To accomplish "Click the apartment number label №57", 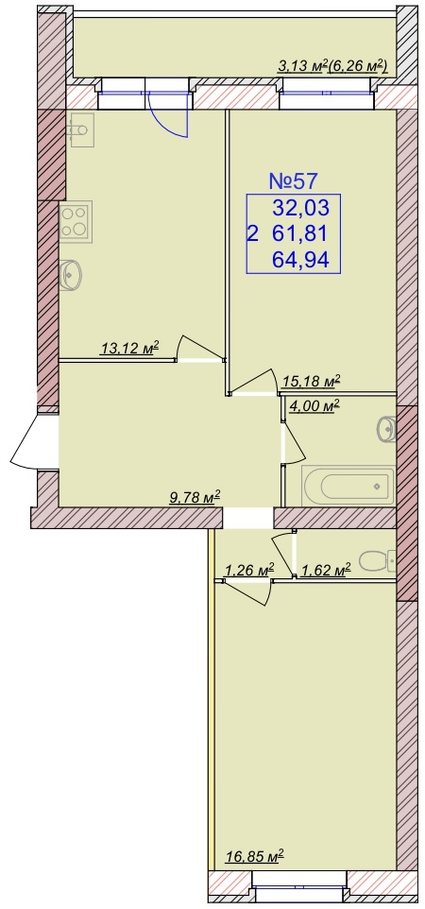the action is (294, 181).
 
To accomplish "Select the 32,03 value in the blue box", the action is (300, 206).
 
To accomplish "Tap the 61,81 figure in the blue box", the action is (300, 233).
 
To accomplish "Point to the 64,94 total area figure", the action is (300, 260).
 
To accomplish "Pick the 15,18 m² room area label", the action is (310, 381).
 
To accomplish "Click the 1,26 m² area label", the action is (248, 571).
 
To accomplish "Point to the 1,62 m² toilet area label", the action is (326, 571).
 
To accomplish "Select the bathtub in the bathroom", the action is (348, 486).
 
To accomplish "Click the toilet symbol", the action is (377, 560).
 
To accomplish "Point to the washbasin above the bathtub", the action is (386, 429).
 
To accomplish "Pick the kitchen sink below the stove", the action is (71, 274).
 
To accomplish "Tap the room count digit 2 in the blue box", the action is (252, 234).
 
